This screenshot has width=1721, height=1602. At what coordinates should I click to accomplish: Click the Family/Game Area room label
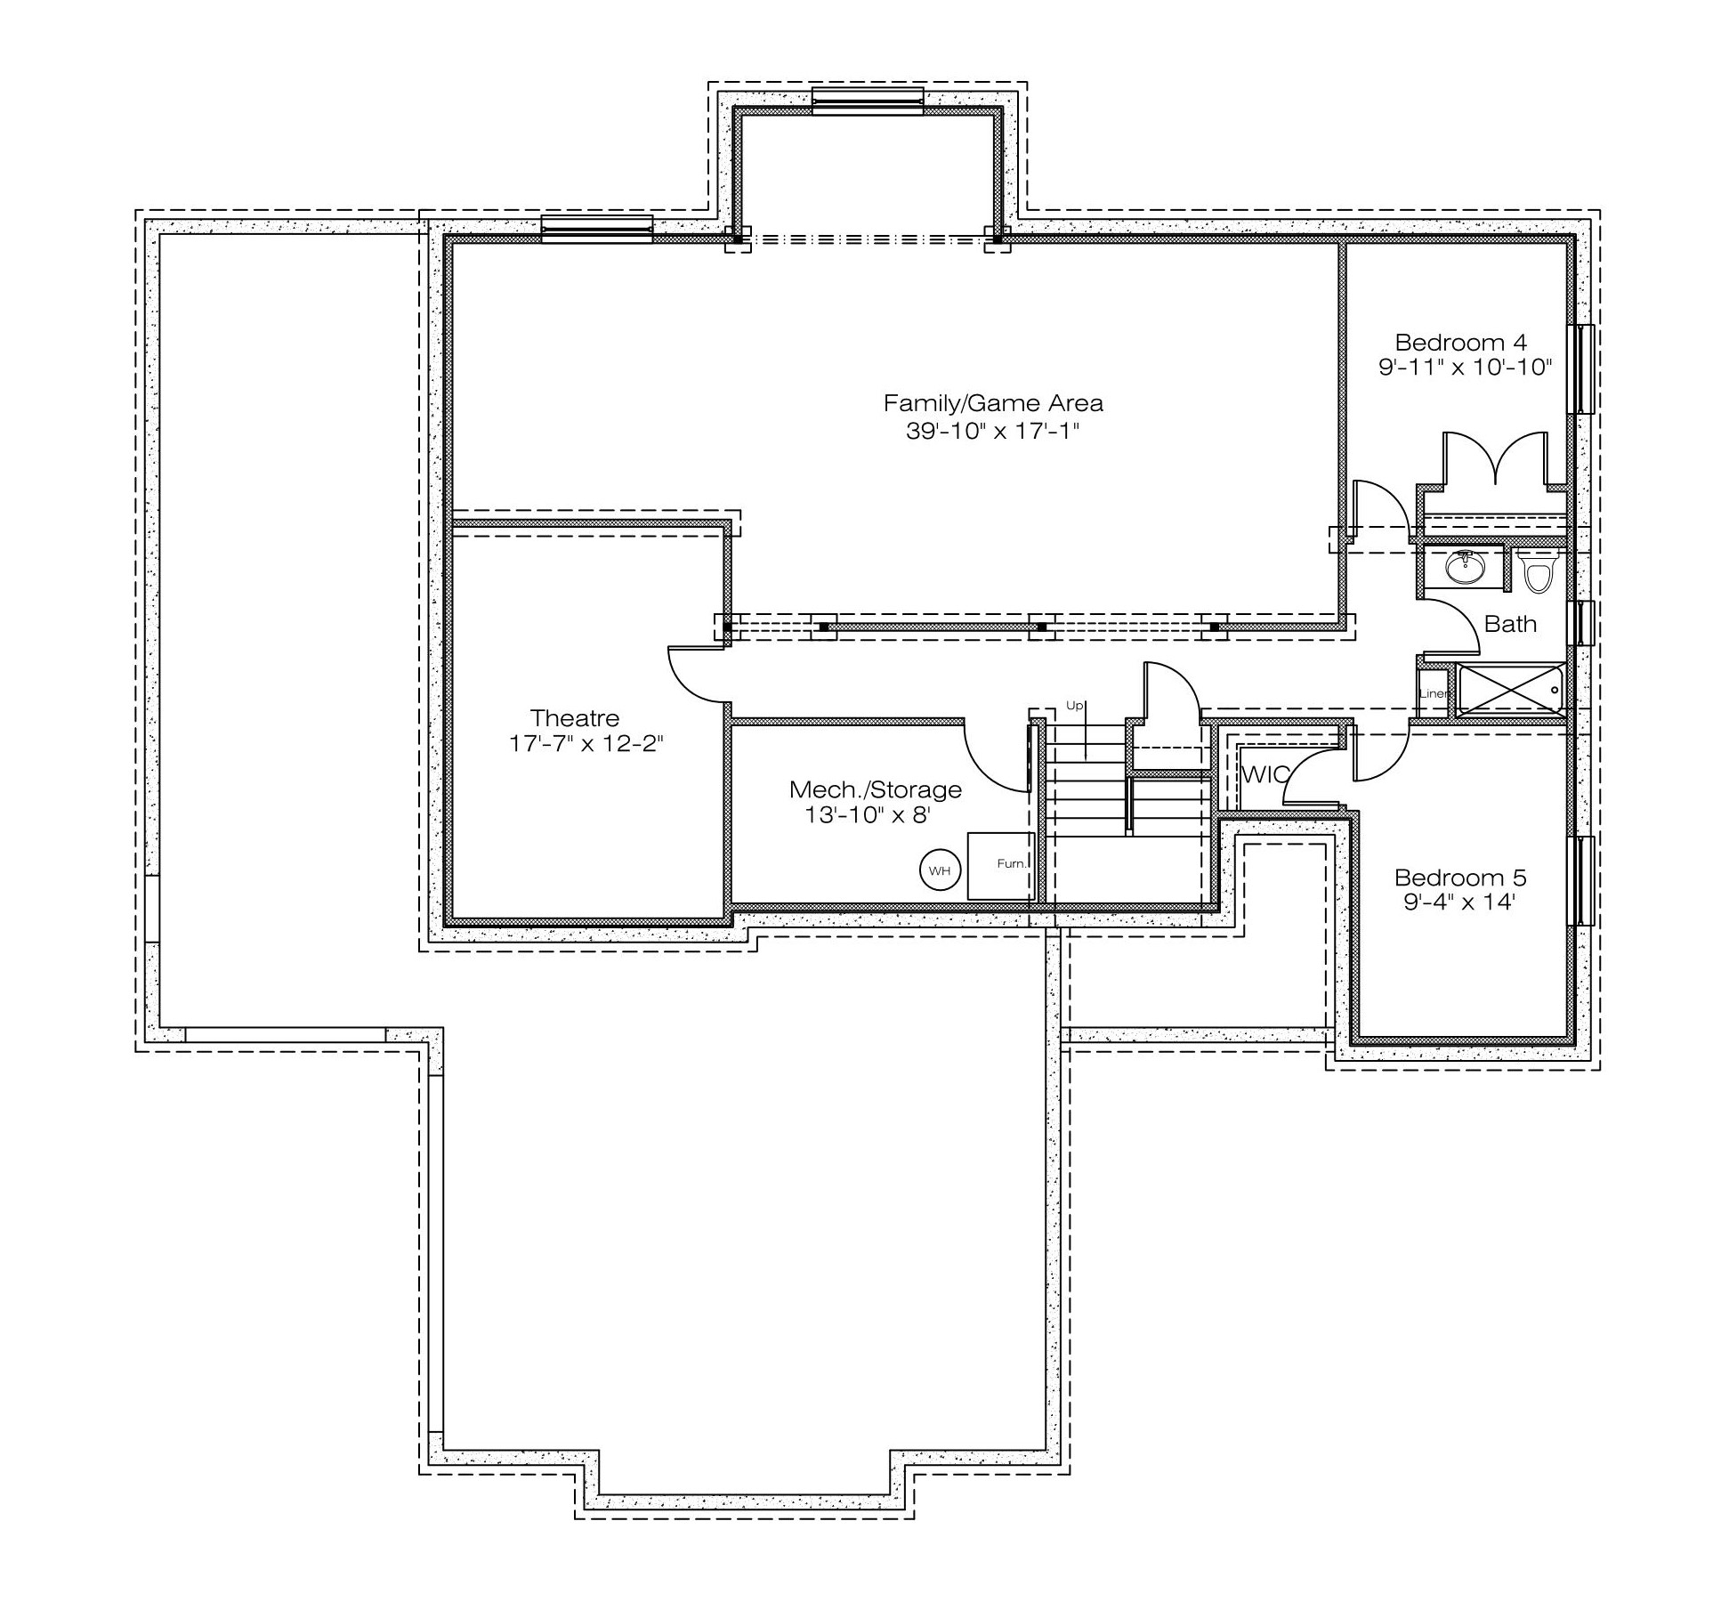coord(993,403)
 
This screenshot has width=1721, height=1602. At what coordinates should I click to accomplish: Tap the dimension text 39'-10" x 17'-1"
coord(992,432)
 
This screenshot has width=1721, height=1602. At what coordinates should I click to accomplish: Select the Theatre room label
coord(575,718)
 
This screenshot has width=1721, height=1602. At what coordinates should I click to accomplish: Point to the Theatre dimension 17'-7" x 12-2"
coord(586,743)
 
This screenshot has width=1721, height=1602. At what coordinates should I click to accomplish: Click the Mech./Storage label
coord(876,789)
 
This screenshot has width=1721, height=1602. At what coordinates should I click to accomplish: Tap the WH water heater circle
coord(941,870)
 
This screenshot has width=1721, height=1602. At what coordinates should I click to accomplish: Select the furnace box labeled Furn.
coord(1001,866)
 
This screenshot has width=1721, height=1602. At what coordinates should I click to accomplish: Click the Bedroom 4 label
coord(1461,342)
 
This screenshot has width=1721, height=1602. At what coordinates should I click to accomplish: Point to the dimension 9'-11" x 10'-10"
coord(1465,367)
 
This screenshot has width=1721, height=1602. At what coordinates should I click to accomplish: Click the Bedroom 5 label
coord(1460,878)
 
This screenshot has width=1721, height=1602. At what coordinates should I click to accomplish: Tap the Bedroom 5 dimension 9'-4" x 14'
coord(1459,902)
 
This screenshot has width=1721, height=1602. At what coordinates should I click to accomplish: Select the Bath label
coord(1510,624)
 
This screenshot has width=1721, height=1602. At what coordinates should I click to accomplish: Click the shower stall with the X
coord(1510,690)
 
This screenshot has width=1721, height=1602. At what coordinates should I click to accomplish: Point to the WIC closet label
coord(1264,774)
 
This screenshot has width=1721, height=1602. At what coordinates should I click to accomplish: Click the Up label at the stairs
coord(1075,707)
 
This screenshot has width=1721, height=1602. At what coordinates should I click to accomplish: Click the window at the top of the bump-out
coord(868,101)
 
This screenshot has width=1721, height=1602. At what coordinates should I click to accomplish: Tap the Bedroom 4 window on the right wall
coord(1584,368)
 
